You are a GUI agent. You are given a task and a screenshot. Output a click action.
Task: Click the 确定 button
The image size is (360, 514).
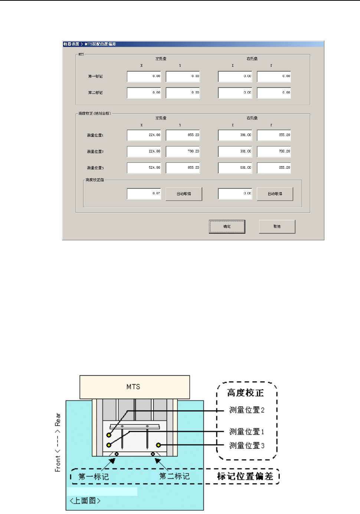[227, 227]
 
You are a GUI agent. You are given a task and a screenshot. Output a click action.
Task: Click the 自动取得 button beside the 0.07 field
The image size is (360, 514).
[184, 194]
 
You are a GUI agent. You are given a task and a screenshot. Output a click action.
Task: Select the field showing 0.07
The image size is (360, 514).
[144, 194]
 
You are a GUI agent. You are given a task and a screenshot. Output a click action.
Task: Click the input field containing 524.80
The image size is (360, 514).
[144, 168]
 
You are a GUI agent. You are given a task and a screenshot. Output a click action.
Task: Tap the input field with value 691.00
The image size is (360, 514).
[235, 168]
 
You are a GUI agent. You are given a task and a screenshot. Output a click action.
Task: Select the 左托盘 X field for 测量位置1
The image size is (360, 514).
[144, 135]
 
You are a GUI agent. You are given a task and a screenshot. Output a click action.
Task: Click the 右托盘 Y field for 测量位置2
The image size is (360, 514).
[274, 151]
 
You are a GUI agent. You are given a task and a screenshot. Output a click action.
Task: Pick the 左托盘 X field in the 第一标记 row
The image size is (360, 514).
[144, 76]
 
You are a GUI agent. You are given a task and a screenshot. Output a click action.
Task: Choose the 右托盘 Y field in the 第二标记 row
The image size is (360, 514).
[274, 93]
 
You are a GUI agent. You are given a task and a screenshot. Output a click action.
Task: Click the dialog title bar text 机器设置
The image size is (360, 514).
[71, 44]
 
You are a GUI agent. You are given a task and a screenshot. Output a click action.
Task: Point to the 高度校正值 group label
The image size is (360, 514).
[95, 180]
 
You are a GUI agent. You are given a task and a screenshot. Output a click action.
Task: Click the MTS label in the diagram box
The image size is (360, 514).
[133, 387]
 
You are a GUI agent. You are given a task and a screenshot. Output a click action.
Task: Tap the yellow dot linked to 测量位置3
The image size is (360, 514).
[158, 445]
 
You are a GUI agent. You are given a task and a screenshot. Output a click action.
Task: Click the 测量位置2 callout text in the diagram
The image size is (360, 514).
[247, 410]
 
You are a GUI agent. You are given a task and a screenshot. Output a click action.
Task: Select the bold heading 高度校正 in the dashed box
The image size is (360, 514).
[245, 393]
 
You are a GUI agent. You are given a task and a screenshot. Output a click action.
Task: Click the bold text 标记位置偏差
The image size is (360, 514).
[245, 477]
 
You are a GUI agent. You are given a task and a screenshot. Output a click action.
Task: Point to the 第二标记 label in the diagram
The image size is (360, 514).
[174, 477]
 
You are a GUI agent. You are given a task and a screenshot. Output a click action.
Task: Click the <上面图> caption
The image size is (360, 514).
[85, 501]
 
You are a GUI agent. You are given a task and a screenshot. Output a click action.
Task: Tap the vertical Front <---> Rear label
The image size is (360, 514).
[58, 442]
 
